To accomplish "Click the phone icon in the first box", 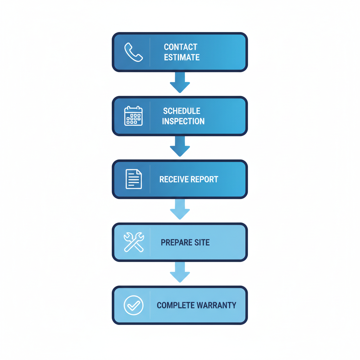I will click(134, 52).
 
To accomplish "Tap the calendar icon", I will click(134, 116).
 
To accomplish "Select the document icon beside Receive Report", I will click(134, 179).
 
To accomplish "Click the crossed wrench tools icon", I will click(134, 242).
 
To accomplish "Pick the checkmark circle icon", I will click(134, 305).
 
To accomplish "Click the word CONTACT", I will click(181, 47).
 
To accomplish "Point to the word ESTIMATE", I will click(182, 57).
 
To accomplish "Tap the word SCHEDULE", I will click(182, 111).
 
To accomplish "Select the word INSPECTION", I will click(183, 121).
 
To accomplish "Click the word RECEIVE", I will click(172, 179).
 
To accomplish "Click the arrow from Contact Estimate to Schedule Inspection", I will click(180, 82).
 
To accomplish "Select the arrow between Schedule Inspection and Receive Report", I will click(180, 146).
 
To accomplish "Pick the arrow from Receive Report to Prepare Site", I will click(180, 209).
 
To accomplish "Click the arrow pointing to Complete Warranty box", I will click(180, 272).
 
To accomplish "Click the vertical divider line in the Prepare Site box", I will click(150, 242).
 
